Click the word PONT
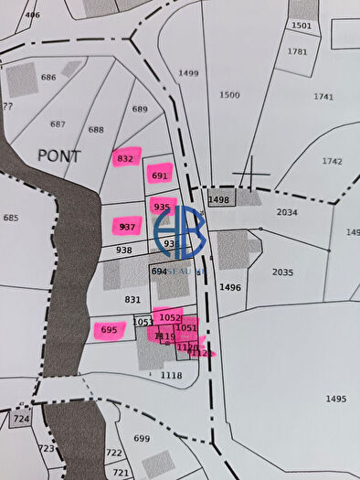(x=58, y=155)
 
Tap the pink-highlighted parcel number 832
(x=126, y=158)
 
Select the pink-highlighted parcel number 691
(x=160, y=176)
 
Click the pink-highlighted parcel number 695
(x=109, y=330)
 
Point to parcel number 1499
(x=189, y=72)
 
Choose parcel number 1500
(x=229, y=94)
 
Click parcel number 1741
(x=323, y=96)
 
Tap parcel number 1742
(x=332, y=161)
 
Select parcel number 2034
(x=287, y=212)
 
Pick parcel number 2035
(x=283, y=272)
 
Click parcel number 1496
(x=230, y=287)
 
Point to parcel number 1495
(x=335, y=399)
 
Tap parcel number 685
(x=11, y=218)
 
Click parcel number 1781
(x=297, y=51)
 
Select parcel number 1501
(x=302, y=26)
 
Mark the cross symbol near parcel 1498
(x=251, y=174)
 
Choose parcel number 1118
(x=171, y=375)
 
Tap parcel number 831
(x=133, y=299)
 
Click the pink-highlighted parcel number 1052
(x=169, y=317)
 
